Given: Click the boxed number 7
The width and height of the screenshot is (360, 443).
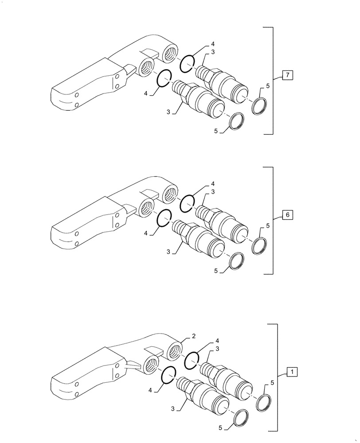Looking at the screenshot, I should click(x=287, y=76).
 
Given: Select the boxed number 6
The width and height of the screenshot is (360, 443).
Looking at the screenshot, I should click(x=287, y=215).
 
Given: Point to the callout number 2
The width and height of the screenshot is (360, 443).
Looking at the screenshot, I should click(x=194, y=337).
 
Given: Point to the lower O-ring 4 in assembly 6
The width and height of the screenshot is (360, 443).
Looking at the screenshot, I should click(x=164, y=218).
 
